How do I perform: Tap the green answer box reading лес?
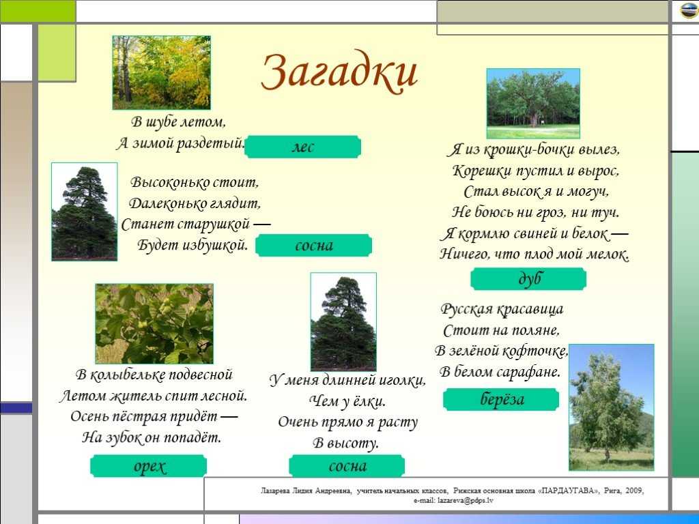[x=302, y=147]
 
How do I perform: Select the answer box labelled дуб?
[x=528, y=278]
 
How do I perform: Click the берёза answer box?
[x=501, y=399]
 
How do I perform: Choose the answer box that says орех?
[x=148, y=466]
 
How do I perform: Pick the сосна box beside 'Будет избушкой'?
[x=313, y=246]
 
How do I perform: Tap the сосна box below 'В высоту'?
[x=347, y=466]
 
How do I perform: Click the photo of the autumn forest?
[x=161, y=72]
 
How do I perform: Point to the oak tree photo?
[x=533, y=104]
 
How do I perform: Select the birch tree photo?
[x=612, y=407]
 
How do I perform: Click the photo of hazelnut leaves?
[x=154, y=323]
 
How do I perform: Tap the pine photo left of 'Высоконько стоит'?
[x=84, y=212]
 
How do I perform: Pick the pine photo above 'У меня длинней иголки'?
[x=343, y=321]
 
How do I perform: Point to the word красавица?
[x=530, y=309]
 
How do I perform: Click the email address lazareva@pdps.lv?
[x=466, y=500]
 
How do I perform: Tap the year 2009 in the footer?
[x=634, y=491]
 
